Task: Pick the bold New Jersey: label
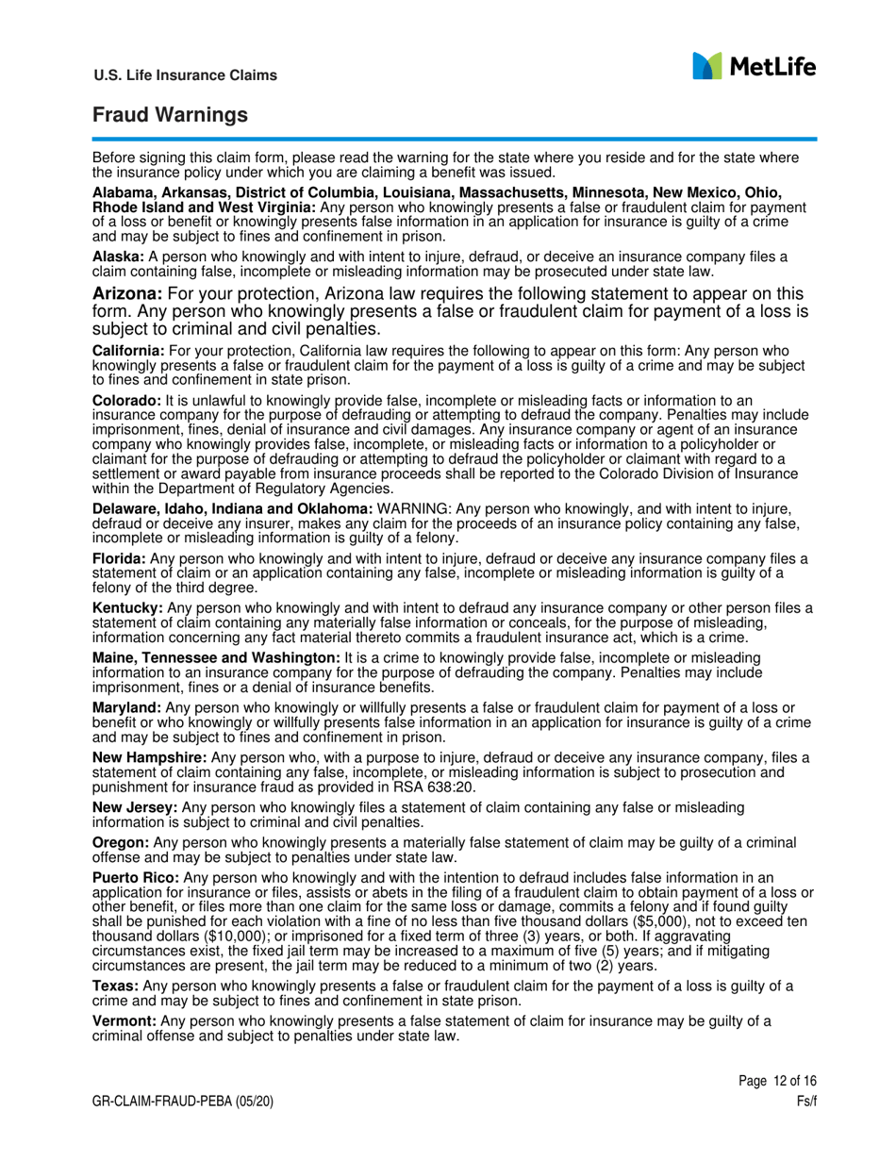pos(134,807)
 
